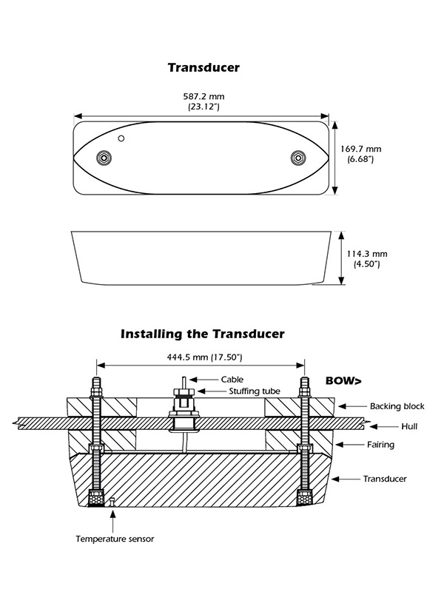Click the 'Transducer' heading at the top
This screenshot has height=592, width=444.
click(203, 68)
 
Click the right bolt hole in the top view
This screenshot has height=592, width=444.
click(298, 158)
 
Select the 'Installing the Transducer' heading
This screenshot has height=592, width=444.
click(202, 334)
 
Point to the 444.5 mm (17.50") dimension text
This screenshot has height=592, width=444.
click(201, 358)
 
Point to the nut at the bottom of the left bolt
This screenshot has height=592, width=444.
click(95, 498)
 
